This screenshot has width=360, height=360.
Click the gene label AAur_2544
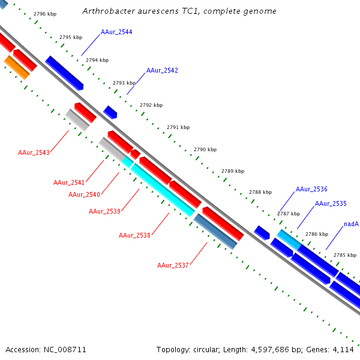tap(116, 32)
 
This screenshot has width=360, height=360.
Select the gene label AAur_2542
tap(162, 70)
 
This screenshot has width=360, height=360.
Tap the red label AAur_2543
tap(34, 152)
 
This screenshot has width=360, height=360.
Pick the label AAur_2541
tap(68, 182)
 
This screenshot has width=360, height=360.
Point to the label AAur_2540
tap(84, 194)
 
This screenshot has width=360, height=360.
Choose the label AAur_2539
tap(104, 211)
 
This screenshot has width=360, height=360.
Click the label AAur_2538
tap(134, 235)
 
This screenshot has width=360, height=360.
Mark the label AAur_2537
tap(173, 265)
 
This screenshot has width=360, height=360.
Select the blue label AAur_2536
tap(311, 189)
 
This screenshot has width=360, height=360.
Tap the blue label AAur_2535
tap(331, 203)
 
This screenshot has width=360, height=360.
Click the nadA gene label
tap(351, 224)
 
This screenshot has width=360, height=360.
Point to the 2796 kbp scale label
tap(45, 13)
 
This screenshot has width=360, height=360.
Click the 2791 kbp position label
tap(178, 127)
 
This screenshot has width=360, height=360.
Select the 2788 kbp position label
tap(260, 192)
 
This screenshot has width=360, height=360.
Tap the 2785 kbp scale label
tap(345, 255)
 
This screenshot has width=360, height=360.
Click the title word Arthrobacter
tap(104, 11)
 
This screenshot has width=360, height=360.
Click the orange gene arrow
tap(17, 67)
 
